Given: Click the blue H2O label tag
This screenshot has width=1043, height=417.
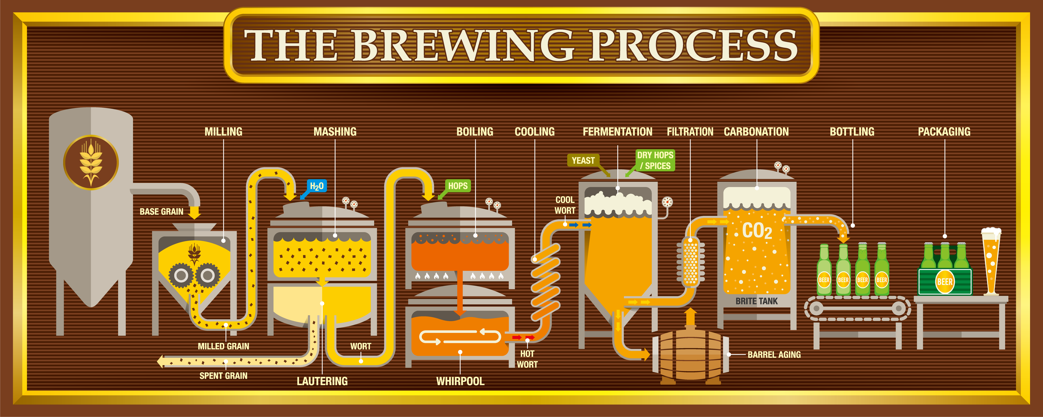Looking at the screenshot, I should point(316,186).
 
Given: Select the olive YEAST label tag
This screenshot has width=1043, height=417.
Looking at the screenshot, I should point(583,161).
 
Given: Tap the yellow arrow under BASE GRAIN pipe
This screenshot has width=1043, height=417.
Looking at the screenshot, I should point(195,212).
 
